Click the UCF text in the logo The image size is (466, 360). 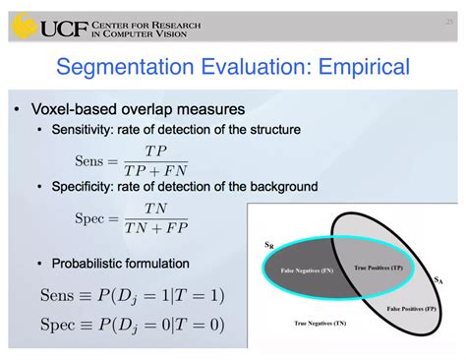point(68,26)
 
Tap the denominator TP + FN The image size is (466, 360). point(154,169)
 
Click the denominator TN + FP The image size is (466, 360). point(154,227)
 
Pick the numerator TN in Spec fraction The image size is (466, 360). point(154,209)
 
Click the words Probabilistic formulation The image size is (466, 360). point(122,265)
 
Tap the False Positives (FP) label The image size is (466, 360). point(405,308)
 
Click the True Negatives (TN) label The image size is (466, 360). point(320,322)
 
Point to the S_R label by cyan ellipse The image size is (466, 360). point(268,243)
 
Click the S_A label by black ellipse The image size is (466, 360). point(437,279)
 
